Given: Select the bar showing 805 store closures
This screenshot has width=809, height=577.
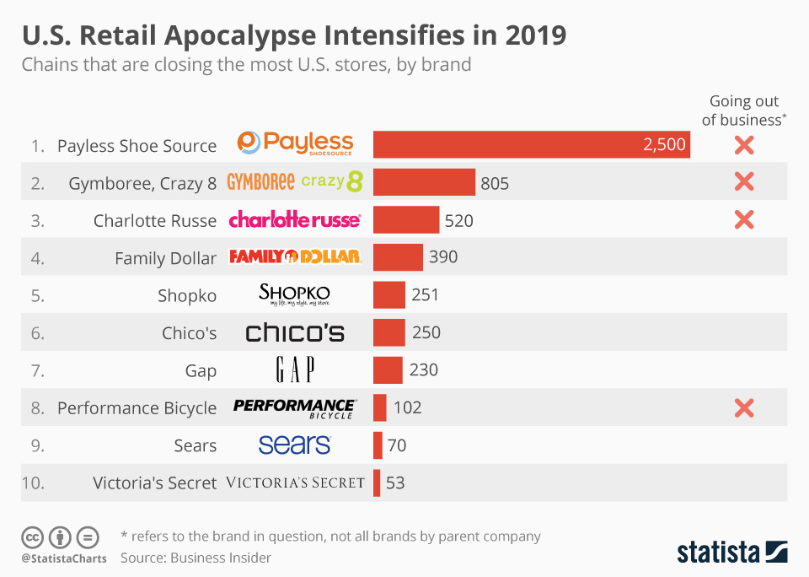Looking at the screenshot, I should coord(424,182).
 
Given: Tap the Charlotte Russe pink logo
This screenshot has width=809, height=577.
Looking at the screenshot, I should coord(294,220).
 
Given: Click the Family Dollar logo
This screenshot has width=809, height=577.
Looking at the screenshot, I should coord(295,257).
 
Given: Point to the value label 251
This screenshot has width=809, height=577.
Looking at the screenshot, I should coord(426,295).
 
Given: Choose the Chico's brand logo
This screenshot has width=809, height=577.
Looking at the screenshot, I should coord(295,332).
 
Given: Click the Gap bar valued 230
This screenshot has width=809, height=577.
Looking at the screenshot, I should coord(388,370).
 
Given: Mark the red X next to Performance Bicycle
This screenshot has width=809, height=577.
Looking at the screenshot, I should coord(743,408).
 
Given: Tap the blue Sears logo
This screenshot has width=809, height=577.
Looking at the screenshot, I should coord(295,445).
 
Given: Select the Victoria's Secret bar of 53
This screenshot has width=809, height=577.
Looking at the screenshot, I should coord(377,483).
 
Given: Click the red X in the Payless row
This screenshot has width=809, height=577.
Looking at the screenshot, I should coord(743,145).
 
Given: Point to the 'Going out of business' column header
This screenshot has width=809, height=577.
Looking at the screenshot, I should coord(744,111).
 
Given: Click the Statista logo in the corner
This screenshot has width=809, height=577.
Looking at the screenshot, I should coord(732,553).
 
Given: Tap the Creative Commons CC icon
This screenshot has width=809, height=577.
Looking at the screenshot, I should coord(33,537).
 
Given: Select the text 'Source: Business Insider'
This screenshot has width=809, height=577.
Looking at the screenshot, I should coord(196,558).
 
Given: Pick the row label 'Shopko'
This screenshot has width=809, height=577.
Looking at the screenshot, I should coord(187,296).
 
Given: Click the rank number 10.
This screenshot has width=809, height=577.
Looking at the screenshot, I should coord(33,483).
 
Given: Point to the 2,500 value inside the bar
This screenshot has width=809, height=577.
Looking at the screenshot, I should coord(664,145).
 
